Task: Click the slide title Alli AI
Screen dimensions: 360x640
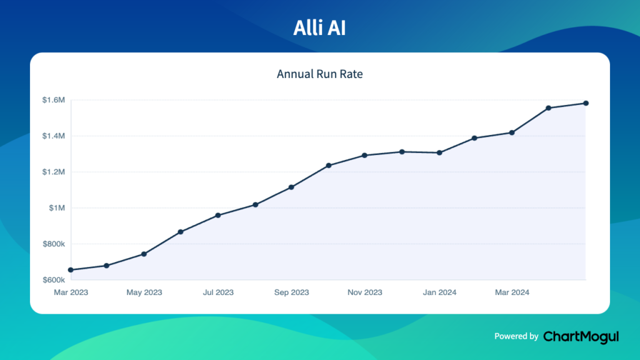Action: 319,29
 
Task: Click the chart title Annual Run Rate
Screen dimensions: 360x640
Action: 319,74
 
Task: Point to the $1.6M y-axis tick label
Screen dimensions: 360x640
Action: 53,100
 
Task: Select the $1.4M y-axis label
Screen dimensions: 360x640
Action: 53,136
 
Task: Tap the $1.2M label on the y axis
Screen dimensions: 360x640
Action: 53,172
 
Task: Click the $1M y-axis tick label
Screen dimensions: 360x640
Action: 57,208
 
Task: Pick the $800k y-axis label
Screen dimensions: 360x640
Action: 53,244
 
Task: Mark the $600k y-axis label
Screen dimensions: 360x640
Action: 53,280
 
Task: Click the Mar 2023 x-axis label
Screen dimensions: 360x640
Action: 71,292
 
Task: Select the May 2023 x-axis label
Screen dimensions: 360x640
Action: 144,292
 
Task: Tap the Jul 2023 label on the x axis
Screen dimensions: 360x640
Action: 218,292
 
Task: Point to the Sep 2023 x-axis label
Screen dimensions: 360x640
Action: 291,292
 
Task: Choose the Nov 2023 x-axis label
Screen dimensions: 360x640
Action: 365,292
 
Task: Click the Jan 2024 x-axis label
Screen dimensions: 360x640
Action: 439,292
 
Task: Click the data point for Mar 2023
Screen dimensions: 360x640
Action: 71,270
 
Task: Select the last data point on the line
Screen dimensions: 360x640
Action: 586,103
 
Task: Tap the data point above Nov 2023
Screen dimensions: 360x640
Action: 365,155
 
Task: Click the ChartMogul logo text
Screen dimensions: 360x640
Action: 581,336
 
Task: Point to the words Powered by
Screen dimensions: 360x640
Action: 516,336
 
